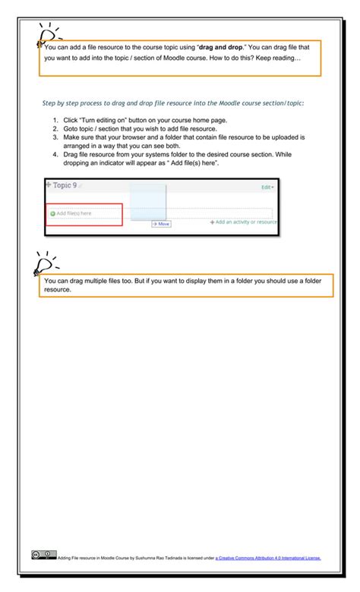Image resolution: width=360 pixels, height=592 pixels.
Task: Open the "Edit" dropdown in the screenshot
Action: pos(267,187)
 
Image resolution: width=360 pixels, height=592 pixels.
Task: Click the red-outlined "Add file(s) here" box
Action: pos(84,214)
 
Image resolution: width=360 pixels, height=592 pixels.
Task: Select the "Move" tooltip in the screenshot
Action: pos(161,225)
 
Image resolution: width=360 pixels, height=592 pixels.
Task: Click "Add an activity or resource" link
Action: pos(244,222)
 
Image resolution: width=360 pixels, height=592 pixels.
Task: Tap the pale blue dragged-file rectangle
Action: pos(147,201)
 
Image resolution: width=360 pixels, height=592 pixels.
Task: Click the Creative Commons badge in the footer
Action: pos(43,555)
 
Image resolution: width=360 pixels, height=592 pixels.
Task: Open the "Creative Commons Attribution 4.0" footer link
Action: pos(268,558)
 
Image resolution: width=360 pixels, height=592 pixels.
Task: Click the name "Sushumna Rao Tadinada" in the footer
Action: pos(159,558)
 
